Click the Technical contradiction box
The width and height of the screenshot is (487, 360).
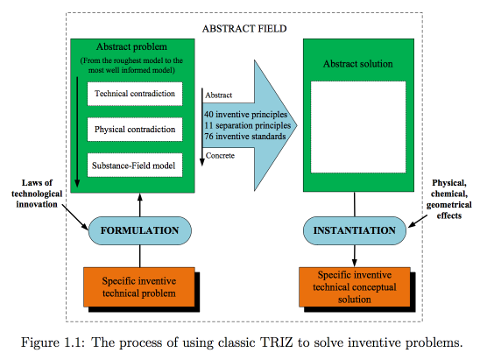[135, 94]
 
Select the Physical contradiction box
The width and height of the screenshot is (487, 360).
[135, 130]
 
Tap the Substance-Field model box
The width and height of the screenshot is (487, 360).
[135, 165]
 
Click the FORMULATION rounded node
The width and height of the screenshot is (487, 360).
[140, 230]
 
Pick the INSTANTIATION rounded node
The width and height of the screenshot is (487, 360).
[355, 230]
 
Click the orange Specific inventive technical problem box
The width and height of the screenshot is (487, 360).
[139, 287]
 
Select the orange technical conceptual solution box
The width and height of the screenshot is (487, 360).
[355, 287]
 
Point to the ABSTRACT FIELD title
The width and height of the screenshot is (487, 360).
[244, 29]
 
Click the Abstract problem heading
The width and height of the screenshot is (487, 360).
[131, 47]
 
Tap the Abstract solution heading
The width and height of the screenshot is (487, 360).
[358, 64]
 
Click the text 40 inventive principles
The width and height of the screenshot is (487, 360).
[245, 114]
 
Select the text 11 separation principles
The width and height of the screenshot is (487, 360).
[248, 125]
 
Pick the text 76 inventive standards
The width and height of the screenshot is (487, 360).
[245, 137]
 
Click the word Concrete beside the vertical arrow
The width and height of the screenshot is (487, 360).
[220, 156]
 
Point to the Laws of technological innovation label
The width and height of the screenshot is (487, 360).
[37, 194]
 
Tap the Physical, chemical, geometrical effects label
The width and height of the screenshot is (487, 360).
[449, 199]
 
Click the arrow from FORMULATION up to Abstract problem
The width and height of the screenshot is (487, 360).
[140, 205]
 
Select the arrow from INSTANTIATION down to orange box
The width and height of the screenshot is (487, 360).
[355, 256]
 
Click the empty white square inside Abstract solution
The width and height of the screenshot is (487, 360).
[358, 127]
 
